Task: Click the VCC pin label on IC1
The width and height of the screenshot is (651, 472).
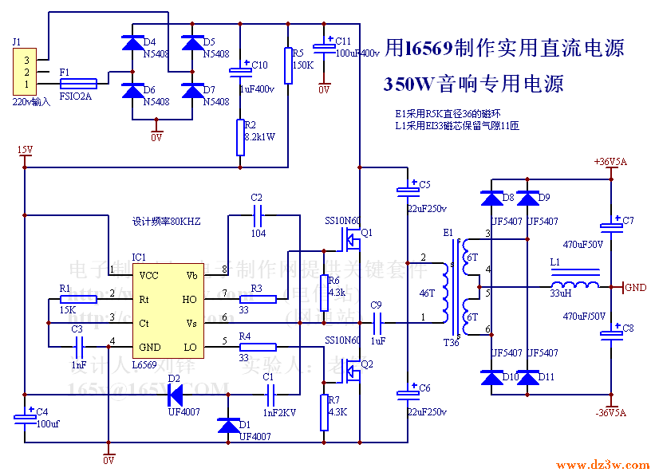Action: pos(148,275)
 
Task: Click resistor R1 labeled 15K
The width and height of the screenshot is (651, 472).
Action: pos(77,299)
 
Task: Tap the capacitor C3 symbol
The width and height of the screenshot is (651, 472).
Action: pos(79,346)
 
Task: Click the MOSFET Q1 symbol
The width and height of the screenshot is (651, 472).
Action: pos(352,237)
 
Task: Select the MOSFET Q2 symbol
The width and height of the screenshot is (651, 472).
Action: pos(352,368)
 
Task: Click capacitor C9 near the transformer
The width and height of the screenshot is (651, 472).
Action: pos(379,322)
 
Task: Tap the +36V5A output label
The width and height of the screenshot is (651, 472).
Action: pos(610,161)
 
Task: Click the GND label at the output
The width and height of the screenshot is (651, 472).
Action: pos(635,287)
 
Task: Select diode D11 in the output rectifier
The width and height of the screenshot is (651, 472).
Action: pos(528,377)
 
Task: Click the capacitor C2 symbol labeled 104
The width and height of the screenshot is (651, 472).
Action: pos(257,215)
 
